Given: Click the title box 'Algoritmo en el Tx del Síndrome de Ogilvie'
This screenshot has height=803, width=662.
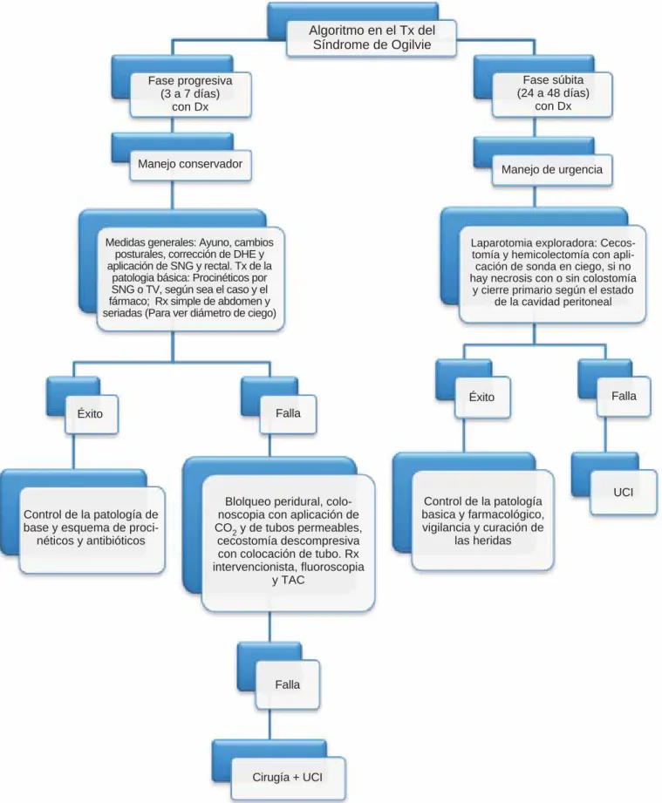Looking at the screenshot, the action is [371, 37].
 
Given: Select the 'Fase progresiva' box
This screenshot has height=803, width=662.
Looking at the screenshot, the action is [190, 94].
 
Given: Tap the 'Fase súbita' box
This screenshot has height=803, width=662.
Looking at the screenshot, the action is [553, 93].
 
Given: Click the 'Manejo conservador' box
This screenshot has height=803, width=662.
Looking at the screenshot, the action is [190, 165].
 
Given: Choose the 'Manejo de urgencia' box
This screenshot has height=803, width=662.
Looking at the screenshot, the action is [552, 169].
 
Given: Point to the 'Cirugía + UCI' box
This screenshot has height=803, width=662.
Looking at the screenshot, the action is [288, 778].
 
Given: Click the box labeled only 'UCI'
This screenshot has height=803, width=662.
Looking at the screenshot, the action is [623, 492].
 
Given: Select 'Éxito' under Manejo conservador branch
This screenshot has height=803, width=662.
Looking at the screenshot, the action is [91, 414].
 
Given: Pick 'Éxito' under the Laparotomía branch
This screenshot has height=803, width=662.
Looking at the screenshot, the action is [482, 397].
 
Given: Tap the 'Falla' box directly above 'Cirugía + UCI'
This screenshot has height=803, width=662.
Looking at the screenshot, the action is [288, 684].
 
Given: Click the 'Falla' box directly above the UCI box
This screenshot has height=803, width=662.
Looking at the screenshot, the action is [624, 396].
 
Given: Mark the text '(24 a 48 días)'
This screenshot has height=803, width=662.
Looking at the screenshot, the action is [553, 93].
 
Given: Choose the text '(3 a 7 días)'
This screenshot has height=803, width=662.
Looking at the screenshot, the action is [190, 93].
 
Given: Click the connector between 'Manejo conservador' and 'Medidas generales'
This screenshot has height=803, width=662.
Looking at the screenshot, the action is [172, 194].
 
